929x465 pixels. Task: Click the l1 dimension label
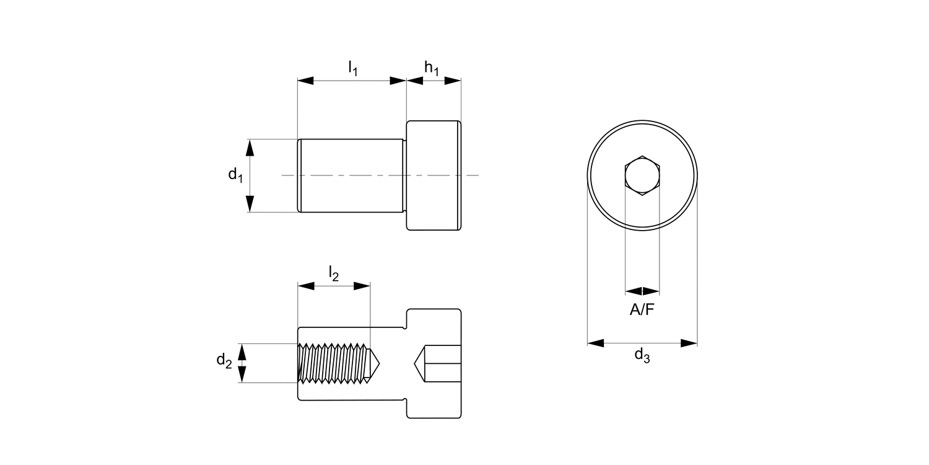pos(352,68)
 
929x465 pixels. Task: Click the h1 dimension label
pos(432,68)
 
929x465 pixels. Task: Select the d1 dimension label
pos(235,175)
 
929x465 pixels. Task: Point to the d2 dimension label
pos(224,360)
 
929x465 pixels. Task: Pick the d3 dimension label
pos(642,356)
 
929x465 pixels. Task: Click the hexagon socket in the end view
pos(642,176)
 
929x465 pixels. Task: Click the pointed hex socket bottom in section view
pos(421,363)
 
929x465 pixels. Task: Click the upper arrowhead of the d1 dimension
pos(250,148)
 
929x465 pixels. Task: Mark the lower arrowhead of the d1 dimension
pos(250,204)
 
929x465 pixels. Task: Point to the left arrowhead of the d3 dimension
pos(595,343)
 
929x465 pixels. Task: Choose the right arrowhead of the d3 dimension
pos(689,343)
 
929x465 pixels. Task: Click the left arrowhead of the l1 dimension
pos(306,81)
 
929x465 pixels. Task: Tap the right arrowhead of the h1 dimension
pos(453,81)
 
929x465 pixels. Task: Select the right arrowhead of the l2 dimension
pos(362,286)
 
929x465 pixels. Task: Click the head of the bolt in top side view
pos(434,175)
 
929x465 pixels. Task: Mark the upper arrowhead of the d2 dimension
pos(242,352)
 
